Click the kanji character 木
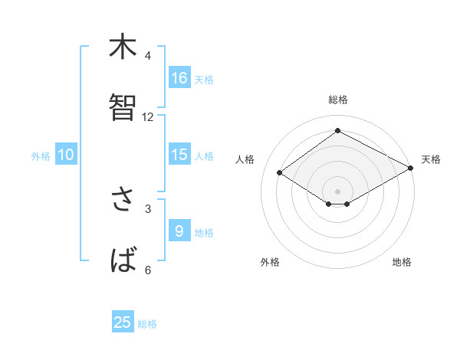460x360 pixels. pyautogui.click(x=123, y=47)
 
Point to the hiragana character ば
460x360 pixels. pyautogui.click(x=123, y=260)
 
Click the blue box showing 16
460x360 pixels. pyautogui.click(x=179, y=77)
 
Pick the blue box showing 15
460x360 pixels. pyautogui.click(x=179, y=154)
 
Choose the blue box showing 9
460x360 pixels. pyautogui.click(x=179, y=231)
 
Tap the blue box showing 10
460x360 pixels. pyautogui.click(x=66, y=155)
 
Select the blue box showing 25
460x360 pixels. pyautogui.click(x=123, y=322)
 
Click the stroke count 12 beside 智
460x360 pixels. pyautogui.click(x=148, y=117)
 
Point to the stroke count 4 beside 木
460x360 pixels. pyautogui.click(x=148, y=56)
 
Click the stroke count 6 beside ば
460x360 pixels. pyautogui.click(x=148, y=270)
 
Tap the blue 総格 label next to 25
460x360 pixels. pyautogui.click(x=147, y=324)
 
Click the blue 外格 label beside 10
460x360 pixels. pyautogui.click(x=41, y=156)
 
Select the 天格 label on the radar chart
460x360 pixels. pyautogui.click(x=431, y=159)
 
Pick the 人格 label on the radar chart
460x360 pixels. pyautogui.click(x=245, y=159)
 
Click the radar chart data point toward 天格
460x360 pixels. pyautogui.click(x=411, y=169)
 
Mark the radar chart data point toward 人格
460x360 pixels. pyautogui.click(x=280, y=173)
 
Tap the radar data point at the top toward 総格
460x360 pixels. pyautogui.click(x=337, y=131)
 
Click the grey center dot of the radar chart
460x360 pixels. pyautogui.click(x=337, y=191)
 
